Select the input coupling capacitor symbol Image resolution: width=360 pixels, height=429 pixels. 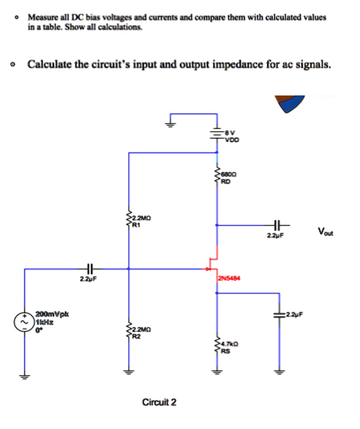[x=89, y=269]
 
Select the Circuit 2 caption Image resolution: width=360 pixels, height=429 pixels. [x=159, y=403]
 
